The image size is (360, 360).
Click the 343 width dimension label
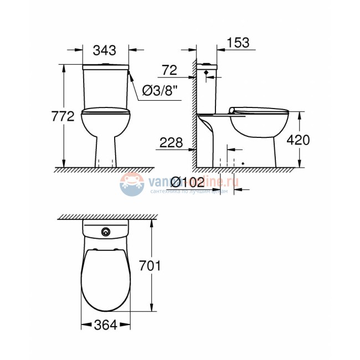(x=105, y=50)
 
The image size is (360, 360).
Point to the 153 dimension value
(x=238, y=43)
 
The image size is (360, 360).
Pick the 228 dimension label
(x=171, y=142)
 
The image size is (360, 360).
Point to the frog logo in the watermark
(x=131, y=184)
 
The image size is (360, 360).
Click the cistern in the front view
(x=105, y=86)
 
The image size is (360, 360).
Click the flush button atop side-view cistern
(x=206, y=65)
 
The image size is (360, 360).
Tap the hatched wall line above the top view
(x=105, y=216)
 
